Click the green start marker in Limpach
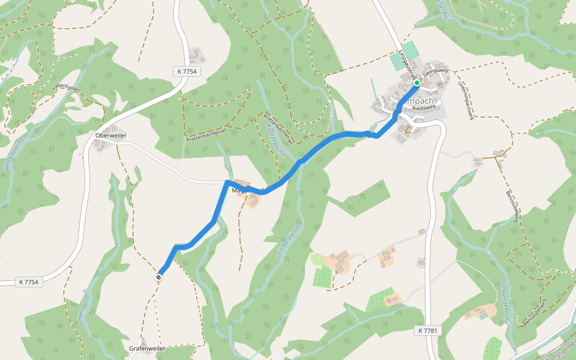(x=416, y=83)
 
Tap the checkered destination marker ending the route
(x=159, y=277)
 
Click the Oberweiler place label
(x=111, y=136)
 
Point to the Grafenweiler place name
(x=147, y=348)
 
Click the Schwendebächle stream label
(x=505, y=303)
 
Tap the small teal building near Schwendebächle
(x=483, y=316)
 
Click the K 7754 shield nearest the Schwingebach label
(x=29, y=282)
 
